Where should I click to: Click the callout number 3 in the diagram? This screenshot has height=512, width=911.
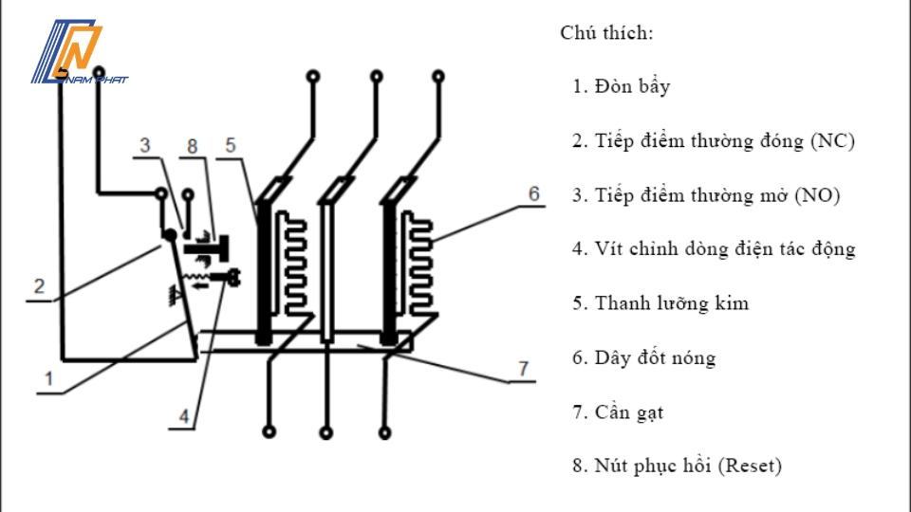[145, 146]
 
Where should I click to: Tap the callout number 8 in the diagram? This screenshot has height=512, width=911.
[193, 146]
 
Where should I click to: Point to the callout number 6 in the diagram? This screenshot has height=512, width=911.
[534, 193]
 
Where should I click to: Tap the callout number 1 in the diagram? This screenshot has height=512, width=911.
[44, 377]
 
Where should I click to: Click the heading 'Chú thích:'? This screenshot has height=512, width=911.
[606, 33]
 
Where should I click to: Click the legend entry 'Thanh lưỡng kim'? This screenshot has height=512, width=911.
[671, 303]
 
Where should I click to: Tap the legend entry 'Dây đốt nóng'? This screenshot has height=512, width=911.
[655, 358]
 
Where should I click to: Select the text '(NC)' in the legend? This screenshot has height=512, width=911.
[832, 141]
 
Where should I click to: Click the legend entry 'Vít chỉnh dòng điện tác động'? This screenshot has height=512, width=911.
[725, 249]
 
